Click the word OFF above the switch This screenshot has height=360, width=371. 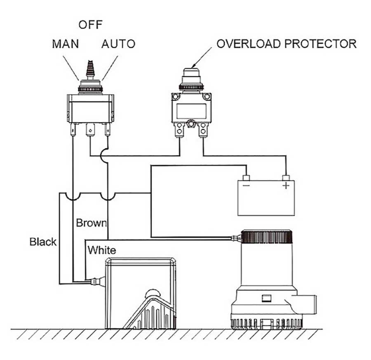point(90,25)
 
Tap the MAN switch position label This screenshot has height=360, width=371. point(65,44)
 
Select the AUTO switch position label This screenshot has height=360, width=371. point(118,44)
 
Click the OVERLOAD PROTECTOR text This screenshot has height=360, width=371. point(286,44)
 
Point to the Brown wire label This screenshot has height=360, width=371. point(92,223)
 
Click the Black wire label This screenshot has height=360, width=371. point(43,242)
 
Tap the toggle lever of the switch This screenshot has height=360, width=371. point(90,70)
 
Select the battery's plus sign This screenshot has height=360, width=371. point(286,186)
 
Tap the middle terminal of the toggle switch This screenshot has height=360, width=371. point(90,131)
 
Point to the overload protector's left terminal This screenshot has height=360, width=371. point(180,131)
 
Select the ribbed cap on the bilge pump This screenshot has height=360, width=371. point(267,237)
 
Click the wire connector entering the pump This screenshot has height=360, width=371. point(236,238)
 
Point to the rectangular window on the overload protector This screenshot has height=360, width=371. point(191,111)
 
